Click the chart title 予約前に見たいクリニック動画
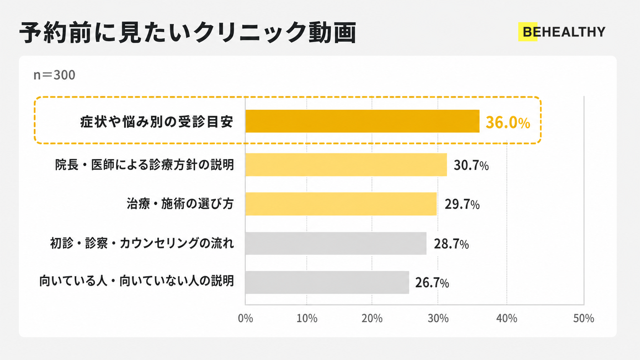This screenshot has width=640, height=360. pyautogui.click(x=188, y=33)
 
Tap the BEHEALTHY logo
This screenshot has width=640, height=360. pyautogui.click(x=562, y=32)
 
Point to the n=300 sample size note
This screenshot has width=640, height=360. pyautogui.click(x=54, y=75)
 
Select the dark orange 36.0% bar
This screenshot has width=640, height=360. pyautogui.click(x=362, y=121)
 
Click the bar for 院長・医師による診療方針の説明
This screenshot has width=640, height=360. pyautogui.click(x=346, y=165)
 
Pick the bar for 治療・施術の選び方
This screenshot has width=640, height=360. pyautogui.click(x=341, y=204)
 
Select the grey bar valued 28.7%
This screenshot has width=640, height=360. pyautogui.click(x=336, y=243)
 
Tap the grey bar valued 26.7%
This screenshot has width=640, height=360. pyautogui.click(x=327, y=282)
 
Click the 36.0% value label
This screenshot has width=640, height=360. pyautogui.click(x=508, y=122)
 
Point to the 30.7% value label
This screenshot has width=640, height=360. pyautogui.click(x=471, y=166)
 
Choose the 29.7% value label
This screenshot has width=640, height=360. pyautogui.click(x=462, y=204)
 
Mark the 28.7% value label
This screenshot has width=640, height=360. pyautogui.click(x=451, y=244)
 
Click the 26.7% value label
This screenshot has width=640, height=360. pyautogui.click(x=432, y=283)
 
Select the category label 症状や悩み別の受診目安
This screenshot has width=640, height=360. pyautogui.click(x=157, y=122)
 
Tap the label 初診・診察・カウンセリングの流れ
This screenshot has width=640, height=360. pyautogui.click(x=142, y=243)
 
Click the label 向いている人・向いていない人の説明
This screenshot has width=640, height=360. pyautogui.click(x=137, y=281)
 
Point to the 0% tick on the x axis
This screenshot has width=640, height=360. pyautogui.click(x=245, y=318)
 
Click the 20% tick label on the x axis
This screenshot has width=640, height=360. pyautogui.click(x=372, y=318)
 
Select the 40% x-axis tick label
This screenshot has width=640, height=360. pyautogui.click(x=506, y=318)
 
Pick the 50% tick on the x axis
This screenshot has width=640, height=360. pyautogui.click(x=584, y=318)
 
